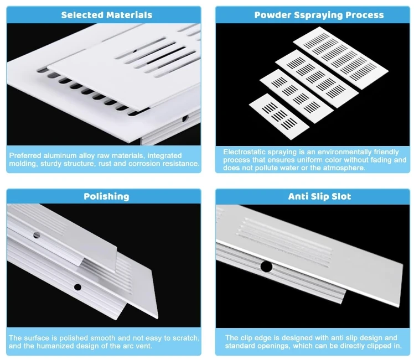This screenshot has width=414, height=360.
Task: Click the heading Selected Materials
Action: point(106,15)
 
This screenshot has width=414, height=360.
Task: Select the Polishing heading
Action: point(106,196)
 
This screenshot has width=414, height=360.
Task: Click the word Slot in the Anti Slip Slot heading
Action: point(340,196)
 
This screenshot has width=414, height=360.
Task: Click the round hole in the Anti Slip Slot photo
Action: point(266,267)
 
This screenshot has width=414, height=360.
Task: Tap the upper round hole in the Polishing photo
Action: point(37,235)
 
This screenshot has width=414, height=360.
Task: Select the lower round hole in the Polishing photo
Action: point(77,287)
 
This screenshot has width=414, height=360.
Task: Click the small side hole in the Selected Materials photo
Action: point(185,118)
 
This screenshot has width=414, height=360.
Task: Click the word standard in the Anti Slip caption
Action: point(241,346)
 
